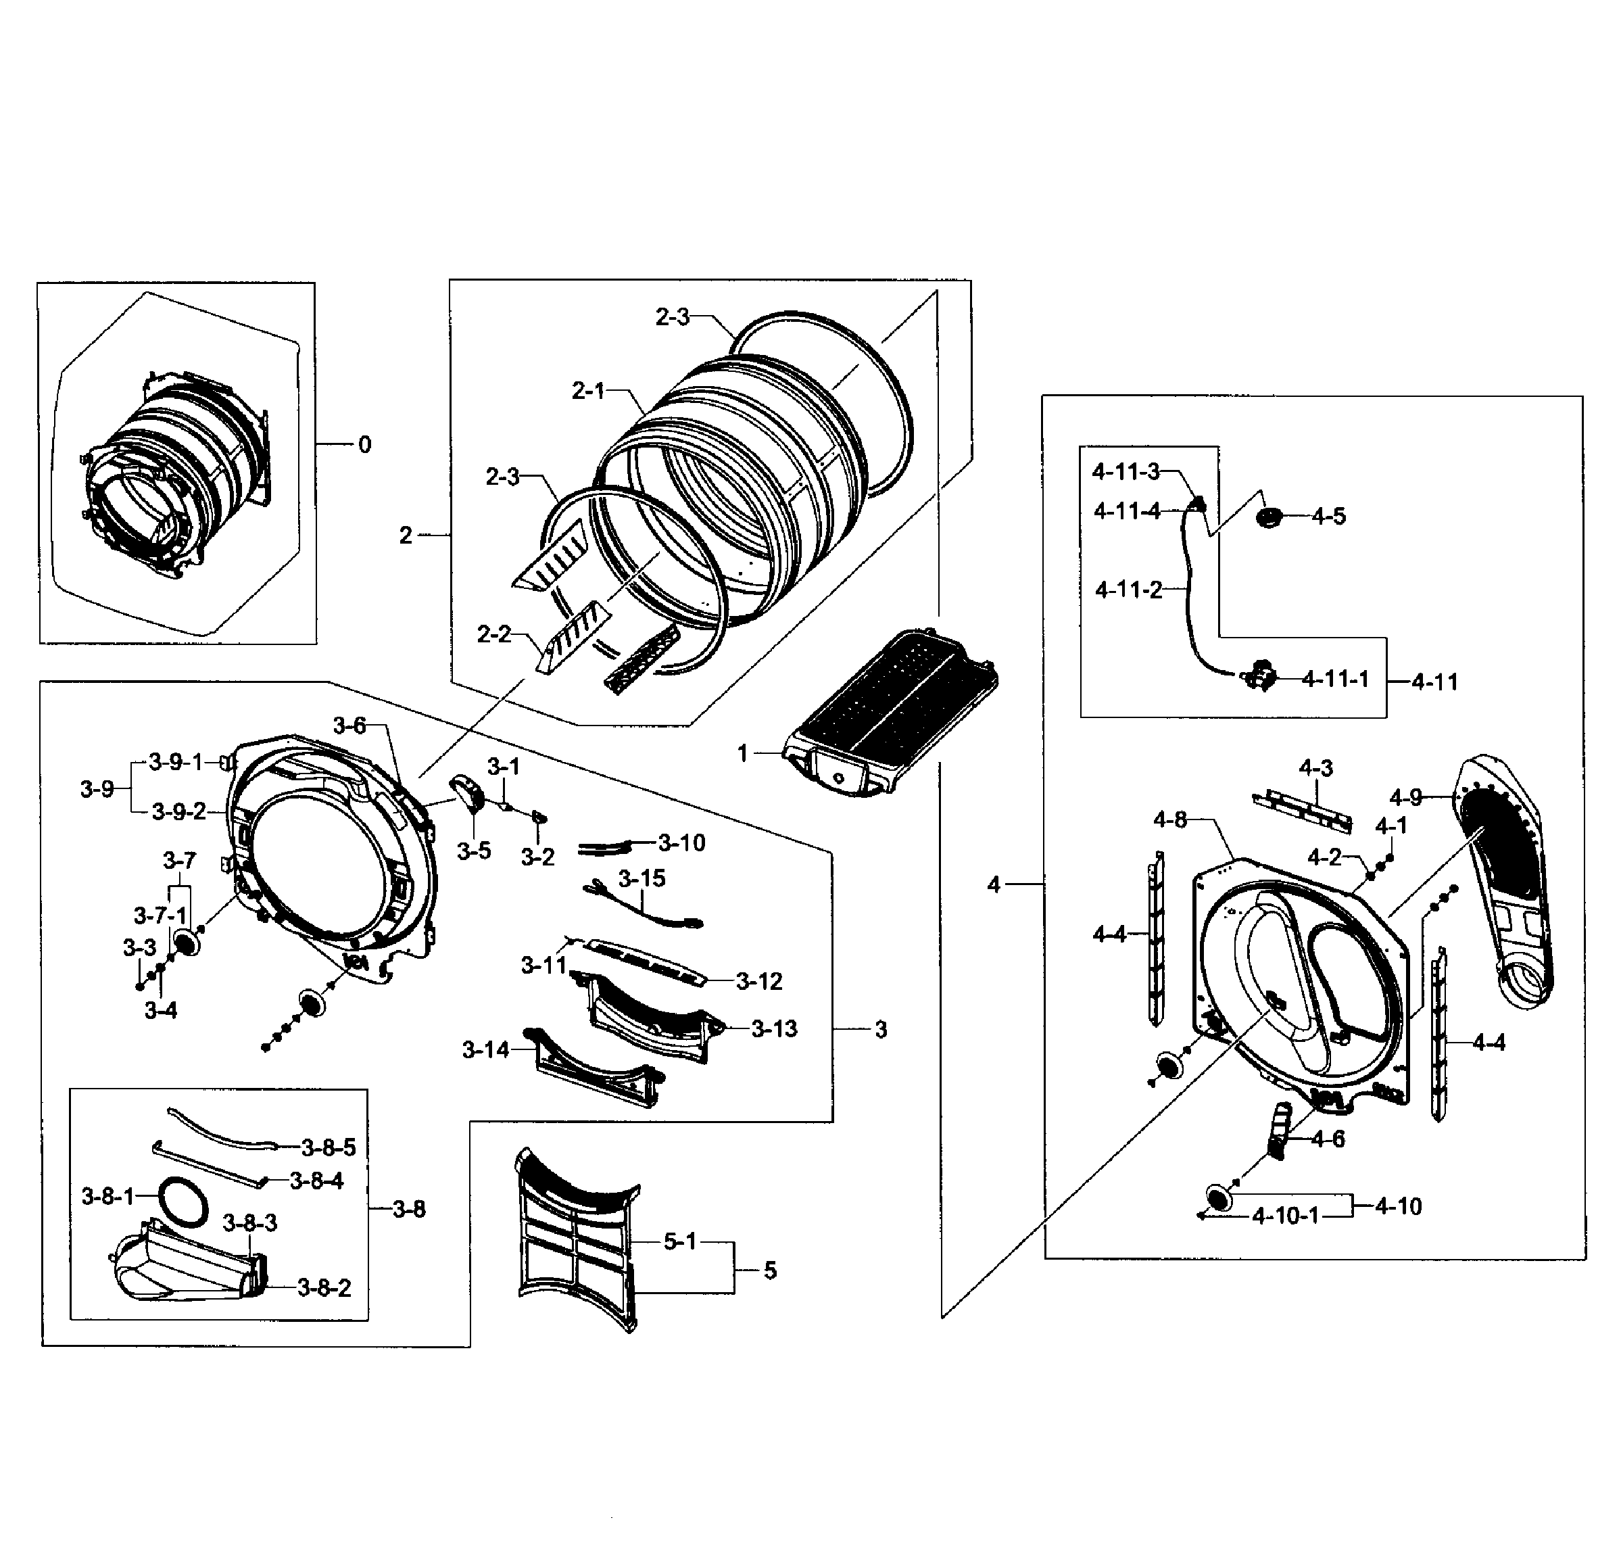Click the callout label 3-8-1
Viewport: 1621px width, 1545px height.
[x=107, y=1197]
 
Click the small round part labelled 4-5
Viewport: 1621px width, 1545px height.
[x=1269, y=517]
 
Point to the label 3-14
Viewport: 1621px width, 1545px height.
[x=485, y=1050]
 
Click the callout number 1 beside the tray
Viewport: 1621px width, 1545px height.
[x=742, y=753]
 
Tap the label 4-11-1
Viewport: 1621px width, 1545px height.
[x=1334, y=679]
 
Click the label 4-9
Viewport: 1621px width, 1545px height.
[x=1405, y=797]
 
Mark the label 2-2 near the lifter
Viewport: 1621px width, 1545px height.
[x=493, y=634]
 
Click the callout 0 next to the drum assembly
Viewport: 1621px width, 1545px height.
[x=364, y=445]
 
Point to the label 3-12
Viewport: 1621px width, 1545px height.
[x=758, y=981]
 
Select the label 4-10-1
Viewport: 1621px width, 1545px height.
[x=1285, y=1216]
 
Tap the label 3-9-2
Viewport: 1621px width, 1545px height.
[x=178, y=812]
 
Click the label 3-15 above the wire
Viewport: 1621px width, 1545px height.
[x=642, y=879]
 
